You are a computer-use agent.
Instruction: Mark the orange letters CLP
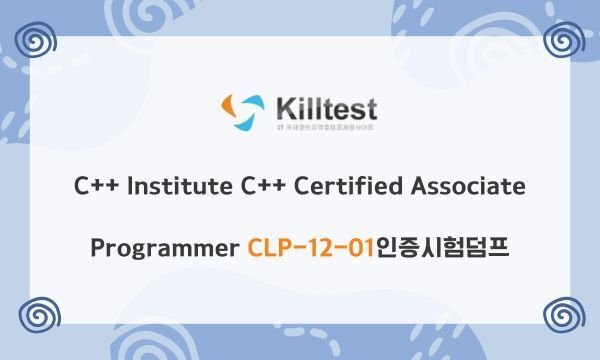pyautogui.click(x=267, y=246)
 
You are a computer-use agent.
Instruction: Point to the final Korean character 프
pyautogui.click(x=497, y=246)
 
